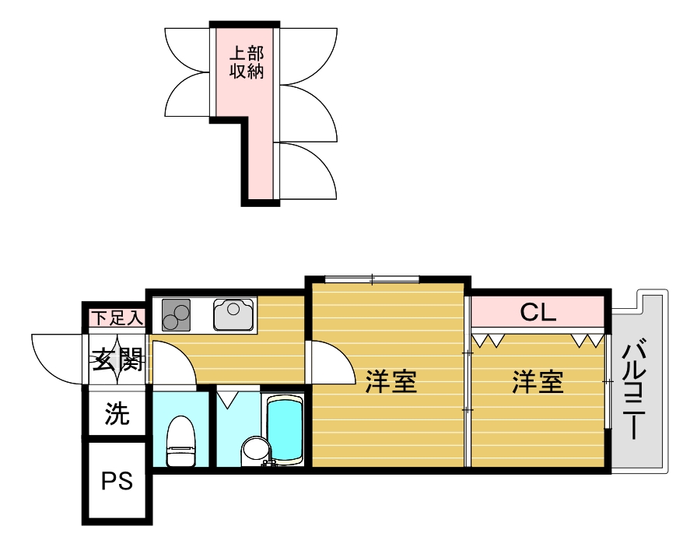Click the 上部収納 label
(x=246, y=63)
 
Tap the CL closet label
(x=538, y=313)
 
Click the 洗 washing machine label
(x=117, y=414)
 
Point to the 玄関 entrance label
(x=117, y=359)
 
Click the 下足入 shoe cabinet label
(x=117, y=317)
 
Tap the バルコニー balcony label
(x=636, y=389)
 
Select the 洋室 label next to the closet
(x=538, y=382)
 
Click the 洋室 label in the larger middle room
(x=391, y=382)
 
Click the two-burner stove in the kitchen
(x=177, y=316)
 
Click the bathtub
(x=284, y=430)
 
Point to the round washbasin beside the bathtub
(x=254, y=449)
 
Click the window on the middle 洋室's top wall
(x=372, y=279)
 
